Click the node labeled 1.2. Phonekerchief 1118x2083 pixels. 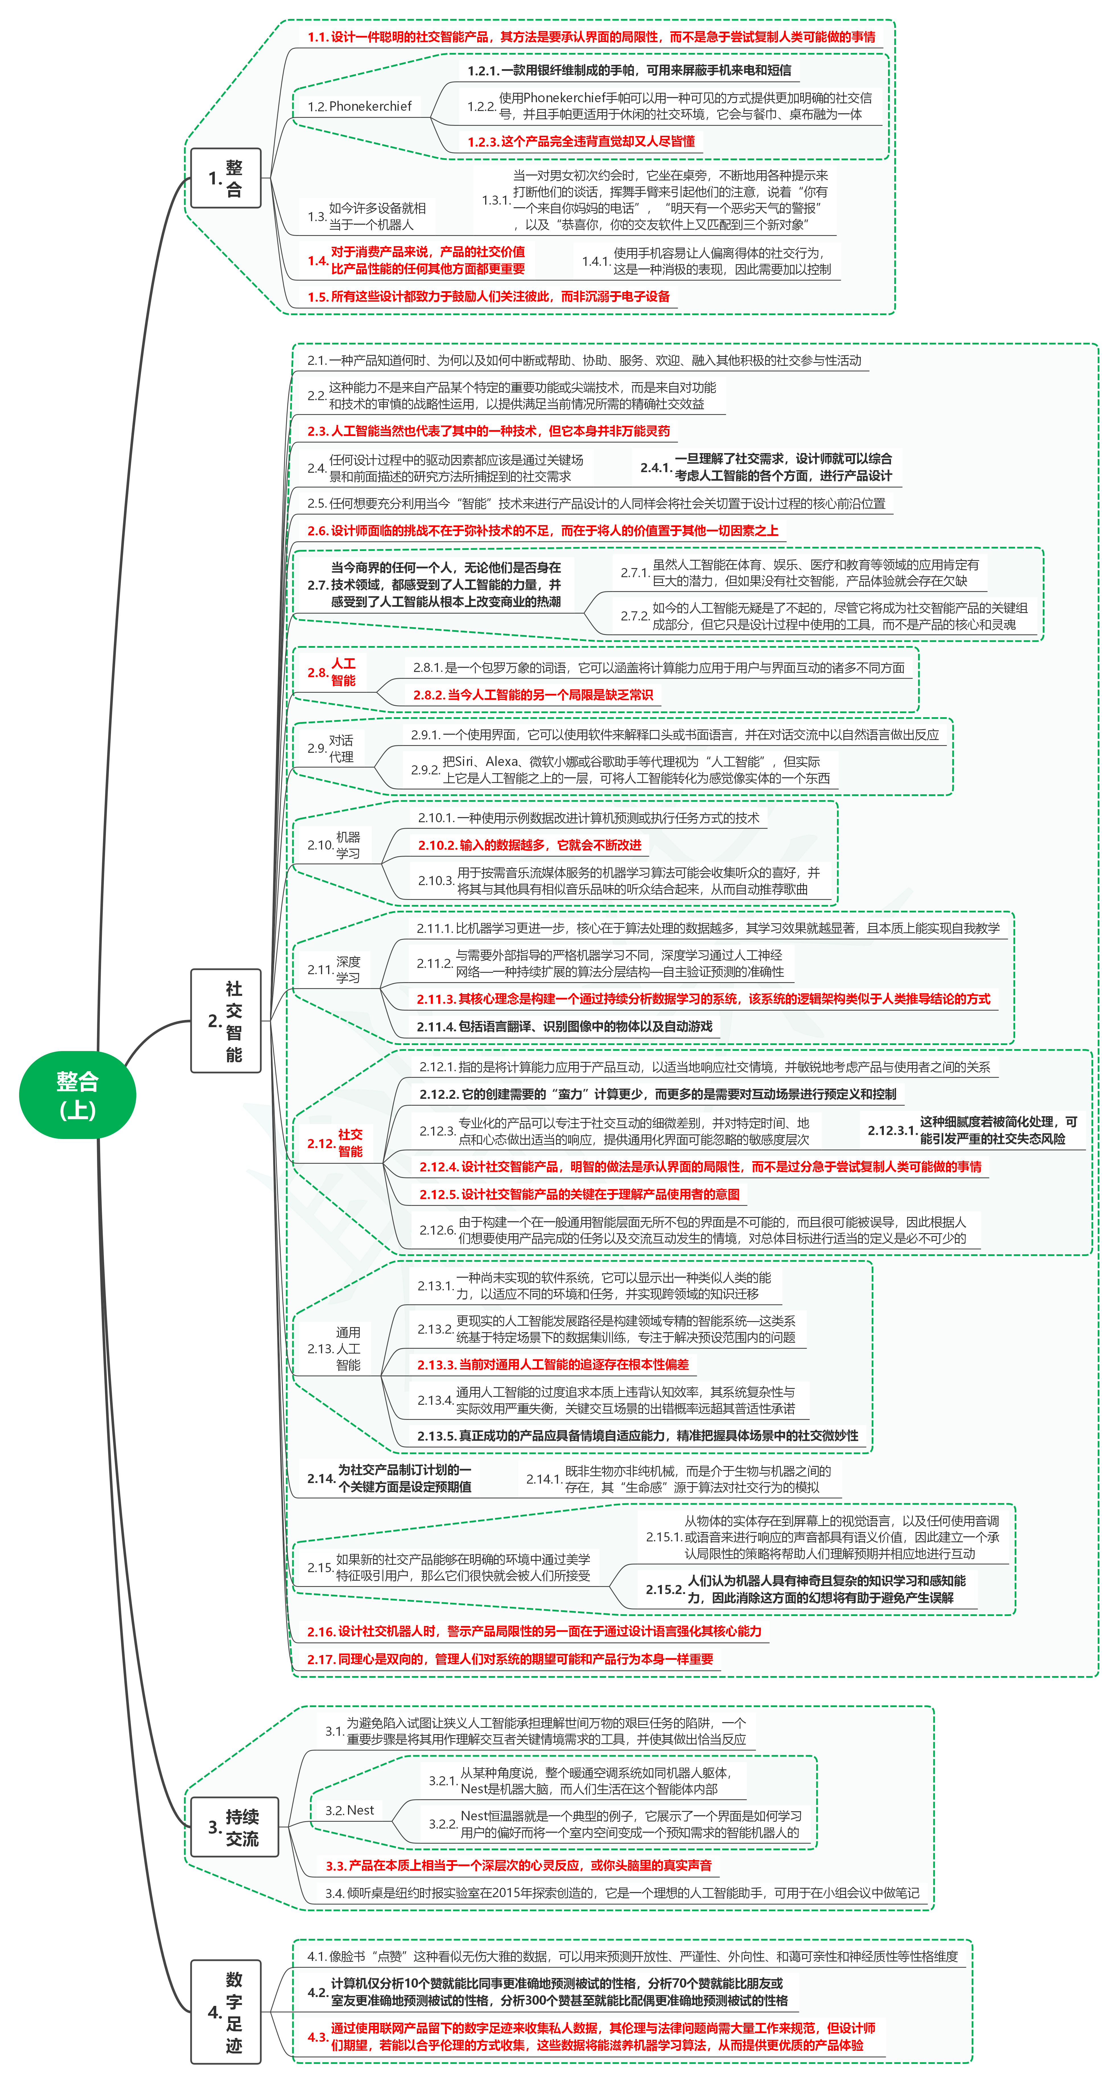click(360, 106)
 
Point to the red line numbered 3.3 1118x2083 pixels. click(518, 1866)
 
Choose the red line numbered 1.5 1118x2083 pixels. click(488, 297)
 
